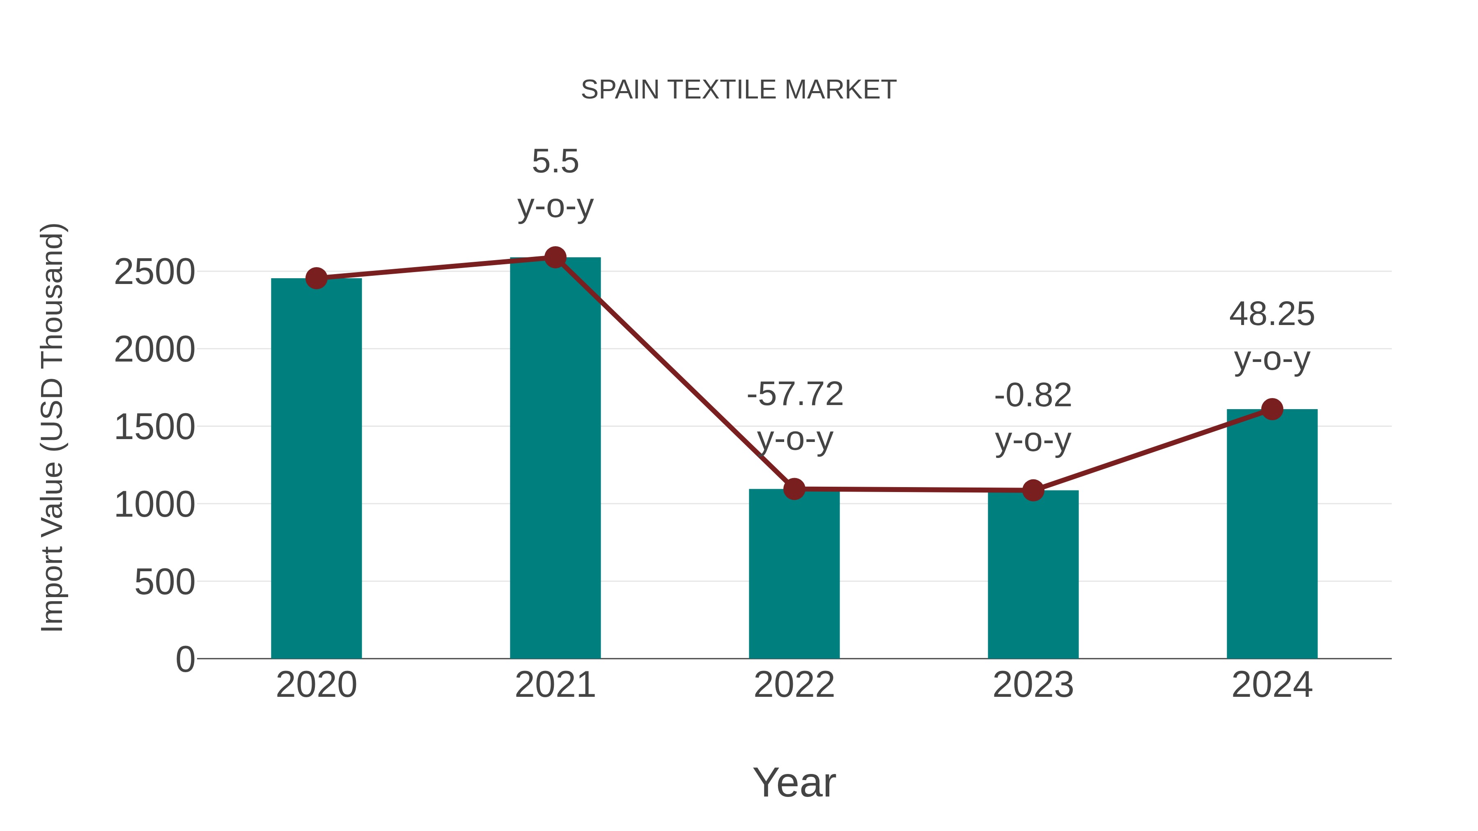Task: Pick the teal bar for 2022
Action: coord(794,574)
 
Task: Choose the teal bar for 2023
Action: coord(1033,574)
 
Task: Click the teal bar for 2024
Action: coord(1271,533)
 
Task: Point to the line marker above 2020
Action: coord(316,278)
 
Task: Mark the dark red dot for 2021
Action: coord(555,257)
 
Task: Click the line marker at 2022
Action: coord(794,489)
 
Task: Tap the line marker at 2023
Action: coord(1033,490)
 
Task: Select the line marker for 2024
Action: coord(1271,409)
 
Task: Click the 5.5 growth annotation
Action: coord(555,162)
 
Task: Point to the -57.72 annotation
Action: coord(795,394)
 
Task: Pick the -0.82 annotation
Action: coord(1033,396)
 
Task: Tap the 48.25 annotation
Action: coord(1271,314)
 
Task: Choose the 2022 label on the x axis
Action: coord(794,685)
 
